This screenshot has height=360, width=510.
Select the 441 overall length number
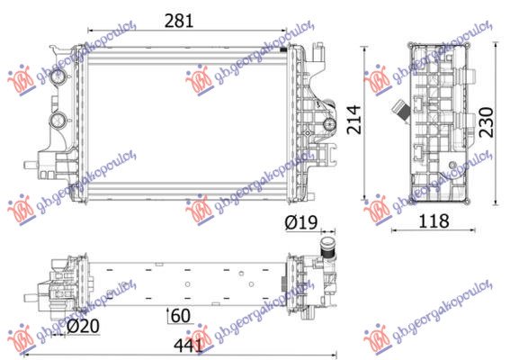click(x=186, y=343)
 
